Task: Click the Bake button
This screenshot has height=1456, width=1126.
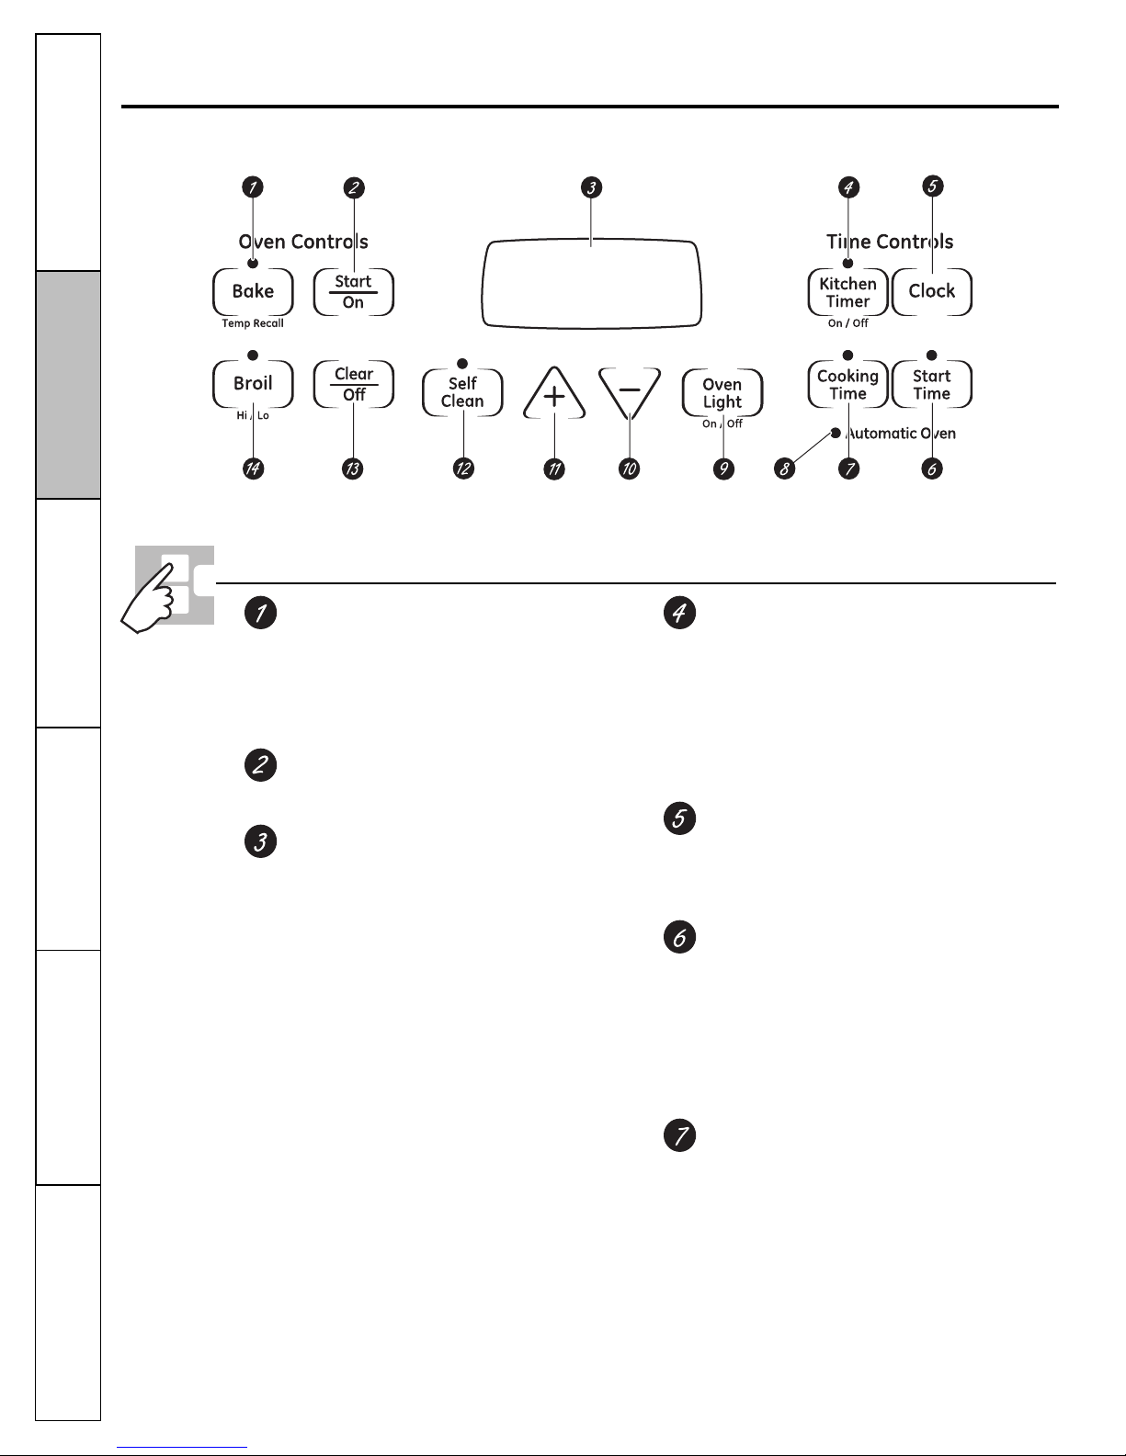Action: click(253, 291)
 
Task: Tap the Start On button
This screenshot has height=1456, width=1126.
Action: click(353, 291)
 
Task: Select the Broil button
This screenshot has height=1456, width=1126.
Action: click(253, 384)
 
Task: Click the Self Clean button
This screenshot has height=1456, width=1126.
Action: click(462, 392)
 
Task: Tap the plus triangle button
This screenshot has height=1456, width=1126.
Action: click(554, 394)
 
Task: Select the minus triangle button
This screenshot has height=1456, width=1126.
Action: click(630, 392)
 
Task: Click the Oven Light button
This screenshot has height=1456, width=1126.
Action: click(722, 392)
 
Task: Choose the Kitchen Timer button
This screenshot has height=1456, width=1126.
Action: click(847, 292)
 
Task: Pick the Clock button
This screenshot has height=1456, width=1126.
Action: click(932, 291)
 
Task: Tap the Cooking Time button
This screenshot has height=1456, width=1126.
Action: click(847, 384)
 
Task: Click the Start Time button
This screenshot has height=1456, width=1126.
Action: click(932, 384)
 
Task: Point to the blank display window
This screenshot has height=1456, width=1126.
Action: click(591, 284)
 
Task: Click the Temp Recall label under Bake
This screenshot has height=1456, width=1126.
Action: click(253, 323)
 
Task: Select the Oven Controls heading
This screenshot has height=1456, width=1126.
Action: click(303, 242)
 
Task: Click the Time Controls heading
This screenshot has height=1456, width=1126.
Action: click(890, 242)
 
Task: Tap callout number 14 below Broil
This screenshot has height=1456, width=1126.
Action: click(253, 468)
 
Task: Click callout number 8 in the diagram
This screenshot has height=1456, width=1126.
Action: click(784, 468)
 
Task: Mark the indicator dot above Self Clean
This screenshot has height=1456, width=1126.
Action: click(461, 364)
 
